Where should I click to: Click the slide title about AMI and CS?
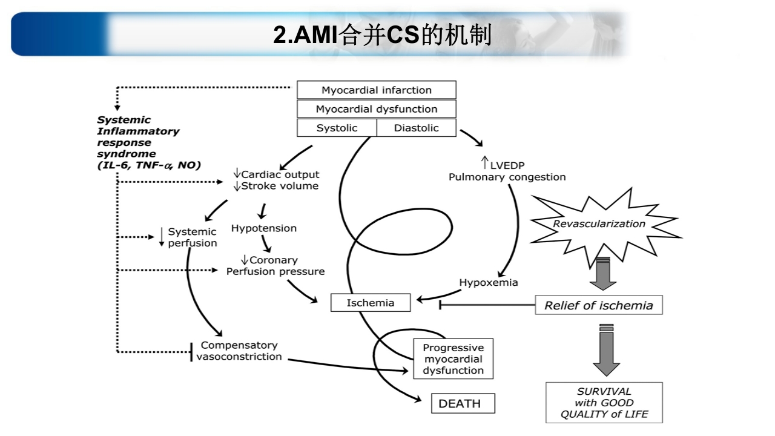[382, 35]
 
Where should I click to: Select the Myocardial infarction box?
[376, 90]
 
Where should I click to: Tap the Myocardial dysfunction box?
[376, 109]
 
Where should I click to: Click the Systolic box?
[337, 128]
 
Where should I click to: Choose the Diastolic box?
[417, 128]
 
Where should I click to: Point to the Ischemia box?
[370, 303]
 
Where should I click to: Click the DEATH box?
[463, 403]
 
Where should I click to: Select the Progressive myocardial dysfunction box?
[453, 359]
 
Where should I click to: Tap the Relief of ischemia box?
[598, 305]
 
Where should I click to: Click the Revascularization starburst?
[599, 224]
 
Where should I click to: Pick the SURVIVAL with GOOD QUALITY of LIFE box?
[604, 403]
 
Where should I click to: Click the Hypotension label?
[264, 228]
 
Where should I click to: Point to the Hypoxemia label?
[488, 282]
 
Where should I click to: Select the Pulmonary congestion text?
[507, 177]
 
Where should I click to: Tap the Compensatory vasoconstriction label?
[239, 351]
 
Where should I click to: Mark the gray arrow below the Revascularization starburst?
[602, 274]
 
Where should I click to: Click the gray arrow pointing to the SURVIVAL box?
[606, 351]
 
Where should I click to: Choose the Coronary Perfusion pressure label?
[275, 266]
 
